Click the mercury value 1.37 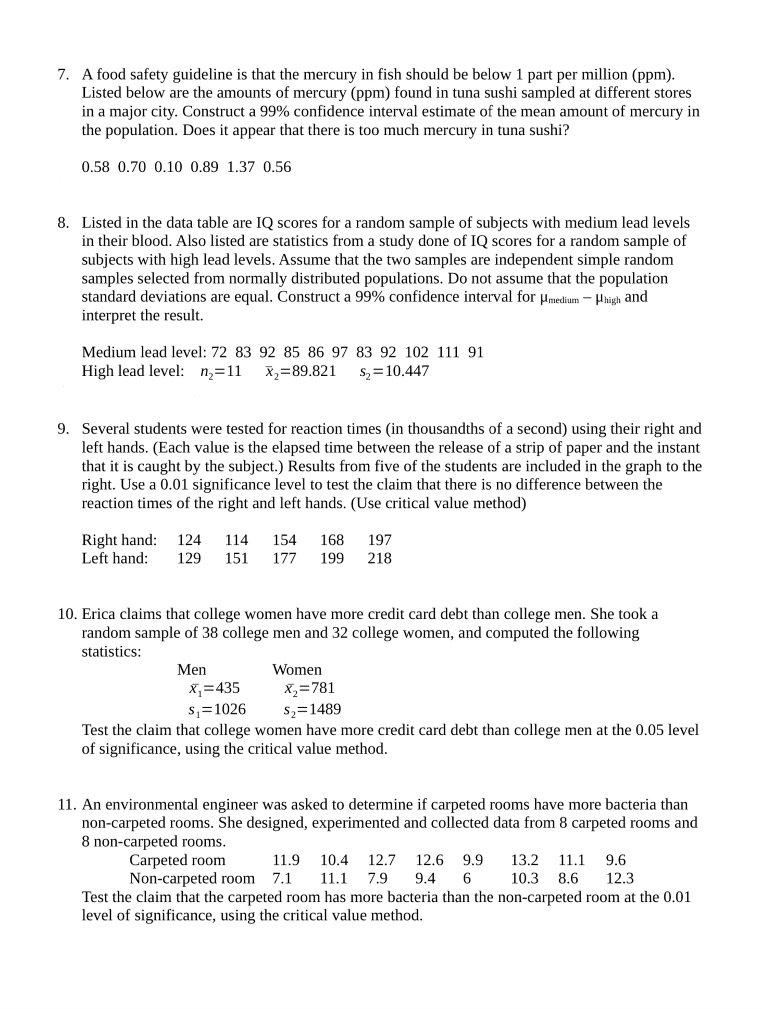point(241,167)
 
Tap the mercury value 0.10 point(168,167)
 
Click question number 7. point(63,74)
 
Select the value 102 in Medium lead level point(416,352)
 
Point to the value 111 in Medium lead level point(448,352)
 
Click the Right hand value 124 point(189,540)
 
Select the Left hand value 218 point(379,558)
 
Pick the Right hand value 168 point(332,540)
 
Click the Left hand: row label point(115,558)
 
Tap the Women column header point(297,669)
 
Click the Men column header point(191,669)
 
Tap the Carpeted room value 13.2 point(524,860)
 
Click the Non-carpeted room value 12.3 point(619,878)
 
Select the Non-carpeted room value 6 point(467,878)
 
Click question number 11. point(67,804)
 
